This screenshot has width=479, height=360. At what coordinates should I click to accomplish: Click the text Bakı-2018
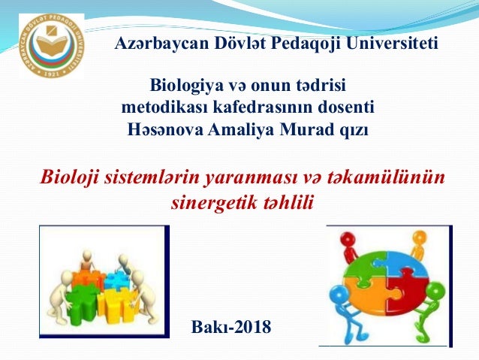(232, 327)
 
